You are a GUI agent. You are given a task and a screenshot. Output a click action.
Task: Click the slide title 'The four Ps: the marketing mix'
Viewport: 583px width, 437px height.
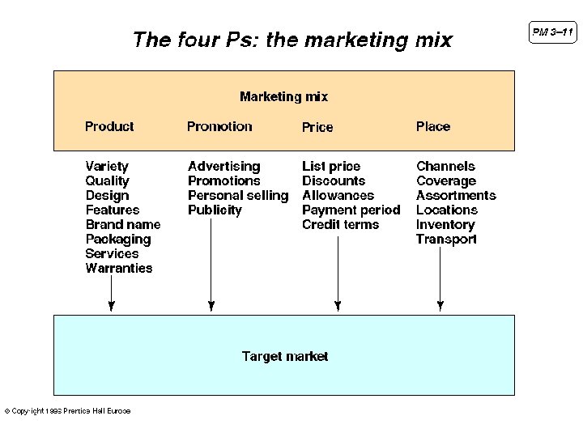click(x=291, y=40)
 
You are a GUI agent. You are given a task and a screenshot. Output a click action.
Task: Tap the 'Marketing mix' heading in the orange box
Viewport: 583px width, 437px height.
click(x=283, y=96)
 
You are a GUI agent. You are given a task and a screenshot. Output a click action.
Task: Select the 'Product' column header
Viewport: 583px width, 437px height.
click(x=109, y=126)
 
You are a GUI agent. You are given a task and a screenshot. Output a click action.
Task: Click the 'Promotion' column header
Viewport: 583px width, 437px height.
click(x=219, y=126)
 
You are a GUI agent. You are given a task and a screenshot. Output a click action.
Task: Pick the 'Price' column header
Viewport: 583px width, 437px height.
click(x=317, y=127)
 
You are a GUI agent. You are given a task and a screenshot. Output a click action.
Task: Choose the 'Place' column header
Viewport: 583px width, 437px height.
click(x=433, y=126)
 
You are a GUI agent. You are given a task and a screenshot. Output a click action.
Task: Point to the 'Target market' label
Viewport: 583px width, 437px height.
click(x=285, y=356)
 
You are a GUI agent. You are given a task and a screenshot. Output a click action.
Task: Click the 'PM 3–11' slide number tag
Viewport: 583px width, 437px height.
click(x=553, y=32)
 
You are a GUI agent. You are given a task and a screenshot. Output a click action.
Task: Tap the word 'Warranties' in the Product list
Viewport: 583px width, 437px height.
click(x=118, y=268)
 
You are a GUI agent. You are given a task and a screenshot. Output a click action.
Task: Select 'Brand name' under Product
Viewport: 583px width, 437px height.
click(x=123, y=224)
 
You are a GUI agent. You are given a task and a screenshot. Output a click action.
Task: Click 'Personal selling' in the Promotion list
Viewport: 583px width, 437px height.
click(x=238, y=195)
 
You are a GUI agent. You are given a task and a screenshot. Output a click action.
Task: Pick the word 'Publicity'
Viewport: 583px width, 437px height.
click(x=215, y=210)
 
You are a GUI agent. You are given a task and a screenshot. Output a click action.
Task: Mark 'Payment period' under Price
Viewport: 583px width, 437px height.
click(x=351, y=210)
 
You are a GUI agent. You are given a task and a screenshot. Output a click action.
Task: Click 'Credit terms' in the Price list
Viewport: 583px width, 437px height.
click(x=340, y=224)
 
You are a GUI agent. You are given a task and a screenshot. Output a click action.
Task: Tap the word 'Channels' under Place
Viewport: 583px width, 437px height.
click(x=445, y=166)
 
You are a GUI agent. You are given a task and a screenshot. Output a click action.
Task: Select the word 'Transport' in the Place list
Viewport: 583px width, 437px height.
click(x=446, y=239)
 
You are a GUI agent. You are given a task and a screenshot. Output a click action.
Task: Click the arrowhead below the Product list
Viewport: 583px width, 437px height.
click(x=112, y=306)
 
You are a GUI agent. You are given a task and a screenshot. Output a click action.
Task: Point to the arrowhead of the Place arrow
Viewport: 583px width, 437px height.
click(x=440, y=306)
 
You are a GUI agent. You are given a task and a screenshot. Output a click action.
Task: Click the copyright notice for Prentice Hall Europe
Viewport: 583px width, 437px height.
click(x=67, y=411)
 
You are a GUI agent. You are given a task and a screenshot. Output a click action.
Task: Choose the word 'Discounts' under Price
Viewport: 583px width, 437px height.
click(x=334, y=180)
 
